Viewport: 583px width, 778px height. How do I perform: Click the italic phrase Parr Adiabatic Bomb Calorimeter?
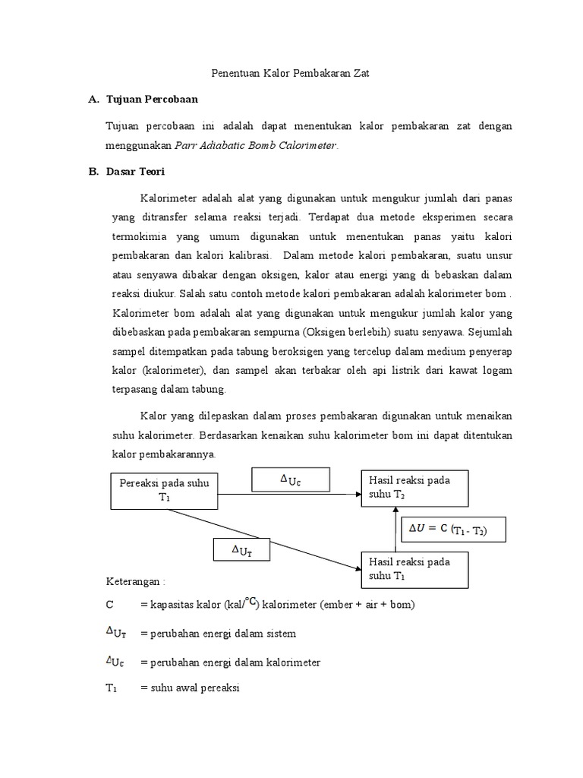(255, 144)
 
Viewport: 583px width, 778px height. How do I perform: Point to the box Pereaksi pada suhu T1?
(165, 490)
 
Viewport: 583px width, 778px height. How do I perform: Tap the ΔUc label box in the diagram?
(291, 479)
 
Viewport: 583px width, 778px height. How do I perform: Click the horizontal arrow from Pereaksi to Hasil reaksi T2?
(288, 495)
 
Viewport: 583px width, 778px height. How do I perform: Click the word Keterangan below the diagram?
(133, 581)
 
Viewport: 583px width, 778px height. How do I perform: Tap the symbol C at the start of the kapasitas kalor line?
(110, 605)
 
